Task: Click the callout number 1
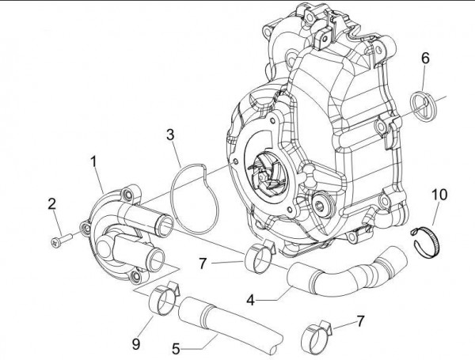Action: (x=94, y=161)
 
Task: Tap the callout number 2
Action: (x=52, y=204)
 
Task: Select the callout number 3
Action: (x=169, y=135)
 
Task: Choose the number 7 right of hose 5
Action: (x=361, y=321)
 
